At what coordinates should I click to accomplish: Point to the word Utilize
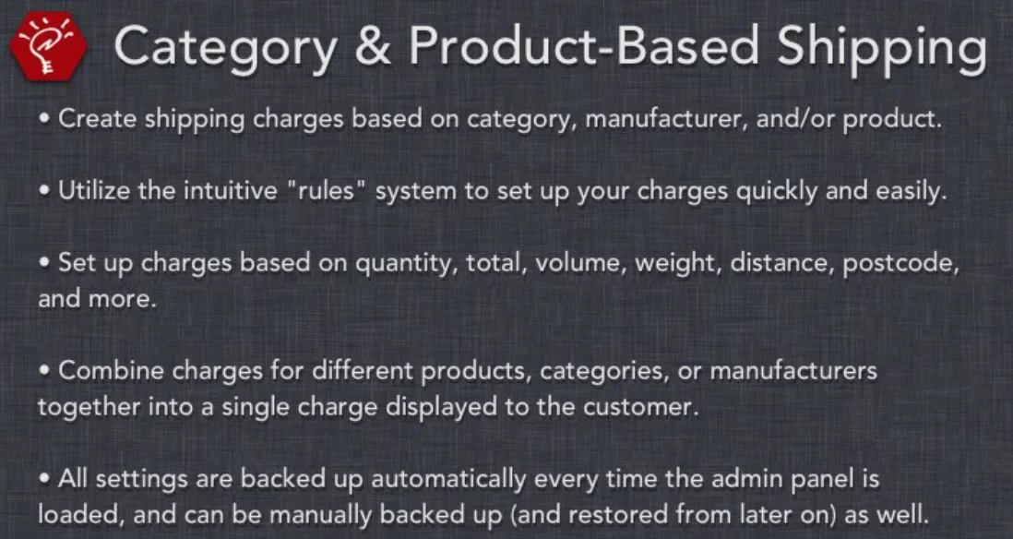click(89, 191)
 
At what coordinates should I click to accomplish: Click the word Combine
click(99, 372)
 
